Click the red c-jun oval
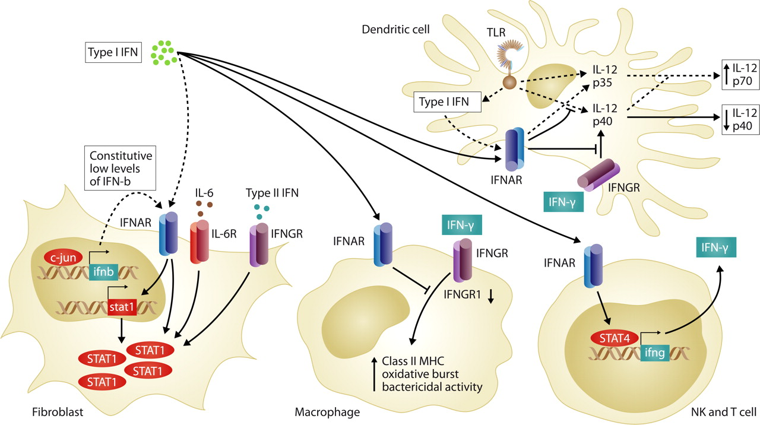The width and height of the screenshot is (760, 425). pos(62,257)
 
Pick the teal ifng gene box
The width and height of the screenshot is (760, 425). pos(655,354)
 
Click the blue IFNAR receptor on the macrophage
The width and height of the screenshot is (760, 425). pos(382,246)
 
